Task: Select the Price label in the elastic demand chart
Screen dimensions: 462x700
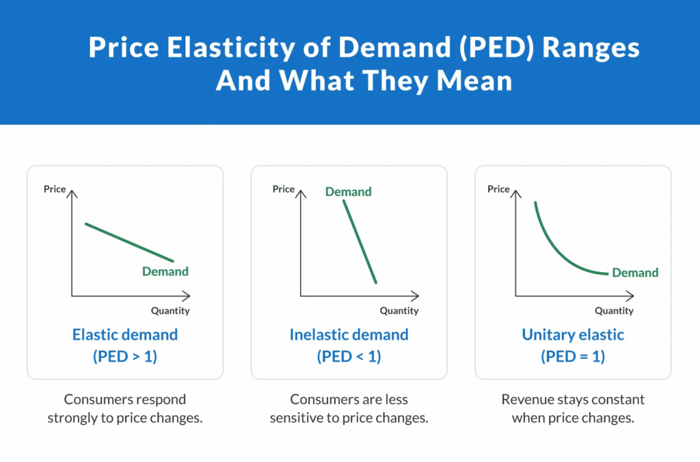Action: (x=55, y=189)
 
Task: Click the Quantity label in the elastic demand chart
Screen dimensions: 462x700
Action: (x=170, y=311)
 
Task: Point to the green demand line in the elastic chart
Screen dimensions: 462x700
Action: (x=129, y=243)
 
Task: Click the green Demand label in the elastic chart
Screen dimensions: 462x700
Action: (x=165, y=271)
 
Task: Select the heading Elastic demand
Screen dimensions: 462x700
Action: (x=125, y=335)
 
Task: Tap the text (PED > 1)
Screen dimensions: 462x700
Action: (x=125, y=356)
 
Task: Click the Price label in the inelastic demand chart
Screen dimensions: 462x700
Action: (x=283, y=189)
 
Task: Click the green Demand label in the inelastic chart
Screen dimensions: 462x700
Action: (x=348, y=192)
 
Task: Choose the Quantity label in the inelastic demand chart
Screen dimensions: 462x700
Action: (x=399, y=311)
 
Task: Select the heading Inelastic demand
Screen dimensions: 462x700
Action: (x=349, y=335)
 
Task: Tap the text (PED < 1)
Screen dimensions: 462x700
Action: (x=349, y=356)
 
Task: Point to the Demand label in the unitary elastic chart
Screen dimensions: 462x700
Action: (x=635, y=273)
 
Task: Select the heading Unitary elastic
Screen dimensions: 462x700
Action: (x=573, y=335)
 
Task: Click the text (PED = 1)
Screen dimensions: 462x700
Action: (x=573, y=356)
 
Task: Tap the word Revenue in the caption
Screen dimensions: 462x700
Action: (x=525, y=399)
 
